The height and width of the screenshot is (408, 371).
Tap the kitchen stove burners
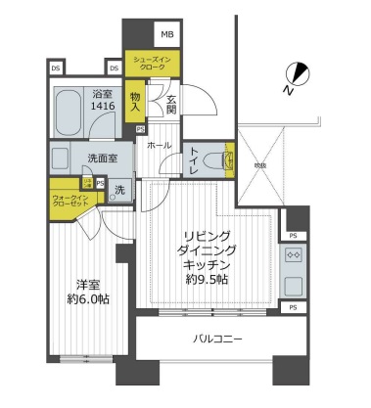pyautogui.click(x=293, y=255)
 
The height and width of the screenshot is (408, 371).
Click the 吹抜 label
pyautogui.click(x=259, y=165)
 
